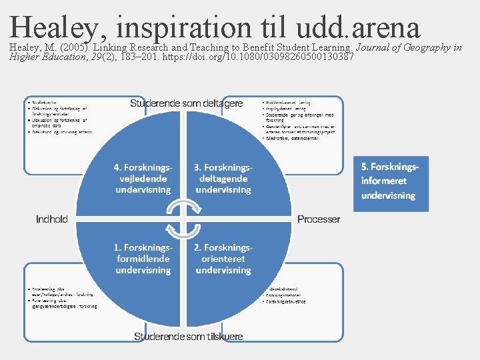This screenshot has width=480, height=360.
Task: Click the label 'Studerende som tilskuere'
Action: [189, 337]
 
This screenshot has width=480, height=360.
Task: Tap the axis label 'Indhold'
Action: [51, 219]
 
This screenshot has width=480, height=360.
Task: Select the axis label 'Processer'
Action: [318, 219]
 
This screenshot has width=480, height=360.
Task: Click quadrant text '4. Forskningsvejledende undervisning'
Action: [143, 178]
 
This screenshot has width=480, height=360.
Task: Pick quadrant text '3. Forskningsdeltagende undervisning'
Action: [223, 178]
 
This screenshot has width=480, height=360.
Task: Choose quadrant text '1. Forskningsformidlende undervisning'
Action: [143, 259]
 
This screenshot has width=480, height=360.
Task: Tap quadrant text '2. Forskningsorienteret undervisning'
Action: [223, 259]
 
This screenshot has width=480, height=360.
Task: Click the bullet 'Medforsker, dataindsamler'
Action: [293, 139]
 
